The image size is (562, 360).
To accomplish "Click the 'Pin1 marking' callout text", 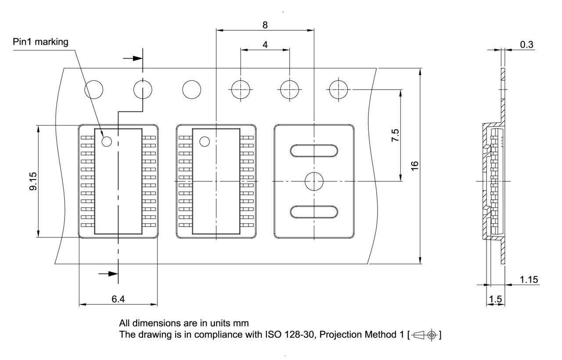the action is (x=40, y=42).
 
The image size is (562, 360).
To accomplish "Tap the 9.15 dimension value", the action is (x=33, y=181).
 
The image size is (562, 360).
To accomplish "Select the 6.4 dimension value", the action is (x=118, y=299).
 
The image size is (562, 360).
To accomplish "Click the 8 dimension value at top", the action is (x=265, y=25).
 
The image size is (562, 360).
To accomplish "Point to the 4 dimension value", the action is (x=265, y=45).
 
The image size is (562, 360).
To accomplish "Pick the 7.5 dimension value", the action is (x=395, y=135).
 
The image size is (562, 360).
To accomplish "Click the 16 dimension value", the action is (x=415, y=166).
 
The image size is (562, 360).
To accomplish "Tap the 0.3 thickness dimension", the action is (x=526, y=44).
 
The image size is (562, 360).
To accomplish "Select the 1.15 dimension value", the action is (x=529, y=279).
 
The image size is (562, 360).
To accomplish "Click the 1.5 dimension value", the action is (x=495, y=299).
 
